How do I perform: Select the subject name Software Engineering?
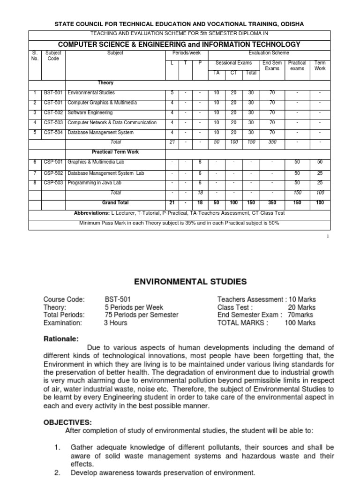[x=90, y=112]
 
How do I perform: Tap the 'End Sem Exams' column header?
[x=272, y=65]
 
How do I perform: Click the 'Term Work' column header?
[x=320, y=65]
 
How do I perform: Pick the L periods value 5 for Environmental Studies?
[x=173, y=93]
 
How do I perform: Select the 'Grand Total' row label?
[x=115, y=202]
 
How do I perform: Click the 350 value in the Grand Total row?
[x=272, y=202]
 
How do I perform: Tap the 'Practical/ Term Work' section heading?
[x=115, y=152]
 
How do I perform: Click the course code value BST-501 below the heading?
[x=118, y=299]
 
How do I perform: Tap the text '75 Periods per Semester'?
[x=142, y=315]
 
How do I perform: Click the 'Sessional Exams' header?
[x=233, y=62]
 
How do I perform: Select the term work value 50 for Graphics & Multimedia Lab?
[x=320, y=162]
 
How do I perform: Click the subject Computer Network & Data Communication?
[x=112, y=122]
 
